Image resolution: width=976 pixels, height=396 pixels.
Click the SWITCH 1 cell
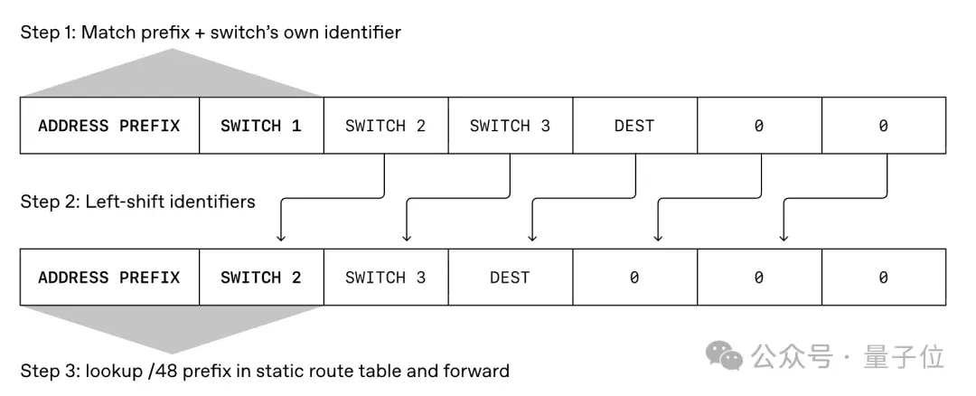261,126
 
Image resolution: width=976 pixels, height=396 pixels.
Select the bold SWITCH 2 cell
261,277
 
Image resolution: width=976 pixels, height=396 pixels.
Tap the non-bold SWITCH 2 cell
386,126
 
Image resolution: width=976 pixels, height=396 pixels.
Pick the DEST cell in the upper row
635,126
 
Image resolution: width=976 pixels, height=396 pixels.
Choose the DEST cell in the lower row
511,277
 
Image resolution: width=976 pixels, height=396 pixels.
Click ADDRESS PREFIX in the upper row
109,126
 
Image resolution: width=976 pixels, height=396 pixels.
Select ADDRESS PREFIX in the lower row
109,277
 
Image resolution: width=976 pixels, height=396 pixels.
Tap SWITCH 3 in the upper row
511,126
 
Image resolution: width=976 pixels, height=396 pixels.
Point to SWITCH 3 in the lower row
386,277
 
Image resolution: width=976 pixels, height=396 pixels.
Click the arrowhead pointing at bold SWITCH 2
281,237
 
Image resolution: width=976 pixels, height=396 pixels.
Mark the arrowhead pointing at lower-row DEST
532,237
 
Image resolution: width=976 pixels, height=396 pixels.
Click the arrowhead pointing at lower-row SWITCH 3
407,237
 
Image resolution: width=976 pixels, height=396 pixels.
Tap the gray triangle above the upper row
173,73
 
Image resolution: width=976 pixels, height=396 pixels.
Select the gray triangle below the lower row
173,329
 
